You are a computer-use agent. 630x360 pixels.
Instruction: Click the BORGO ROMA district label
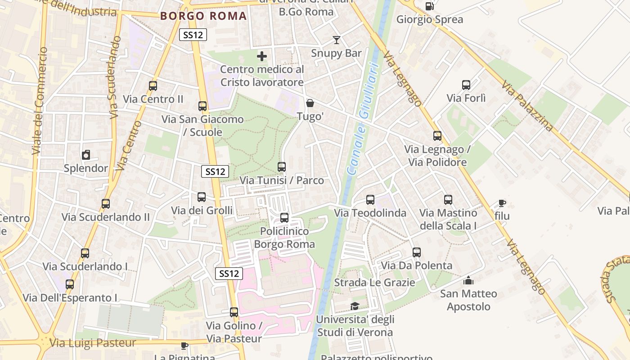[x=203, y=16]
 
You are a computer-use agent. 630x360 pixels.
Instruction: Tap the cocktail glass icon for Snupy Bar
[x=336, y=40]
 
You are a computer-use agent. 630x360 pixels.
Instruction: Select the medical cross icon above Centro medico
[x=262, y=56]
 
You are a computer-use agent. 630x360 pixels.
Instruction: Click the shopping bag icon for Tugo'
[x=310, y=103]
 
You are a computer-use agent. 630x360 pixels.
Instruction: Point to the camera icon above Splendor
[x=86, y=155]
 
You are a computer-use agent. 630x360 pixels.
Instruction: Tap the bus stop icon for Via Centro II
[x=153, y=85]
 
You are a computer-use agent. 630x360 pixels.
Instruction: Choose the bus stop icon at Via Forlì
[x=466, y=85]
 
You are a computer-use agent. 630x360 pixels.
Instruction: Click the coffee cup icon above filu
[x=502, y=203]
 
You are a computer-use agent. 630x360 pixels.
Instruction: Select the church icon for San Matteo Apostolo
[x=468, y=280]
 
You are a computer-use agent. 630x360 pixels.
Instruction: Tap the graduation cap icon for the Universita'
[x=355, y=306]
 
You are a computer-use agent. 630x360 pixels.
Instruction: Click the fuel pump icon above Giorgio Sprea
[x=430, y=6]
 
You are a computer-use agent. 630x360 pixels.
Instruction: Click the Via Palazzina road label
[x=527, y=106]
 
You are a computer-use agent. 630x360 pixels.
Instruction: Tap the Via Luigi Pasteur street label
[x=93, y=343]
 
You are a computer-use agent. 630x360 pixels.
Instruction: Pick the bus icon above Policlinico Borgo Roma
[x=284, y=218]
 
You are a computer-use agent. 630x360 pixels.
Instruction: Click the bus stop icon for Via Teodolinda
[x=370, y=199]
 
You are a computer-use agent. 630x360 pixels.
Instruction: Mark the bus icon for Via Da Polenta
[x=417, y=252]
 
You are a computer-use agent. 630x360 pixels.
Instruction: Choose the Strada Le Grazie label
[x=374, y=283]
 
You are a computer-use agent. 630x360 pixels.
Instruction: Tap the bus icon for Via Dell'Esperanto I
[x=70, y=284]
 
